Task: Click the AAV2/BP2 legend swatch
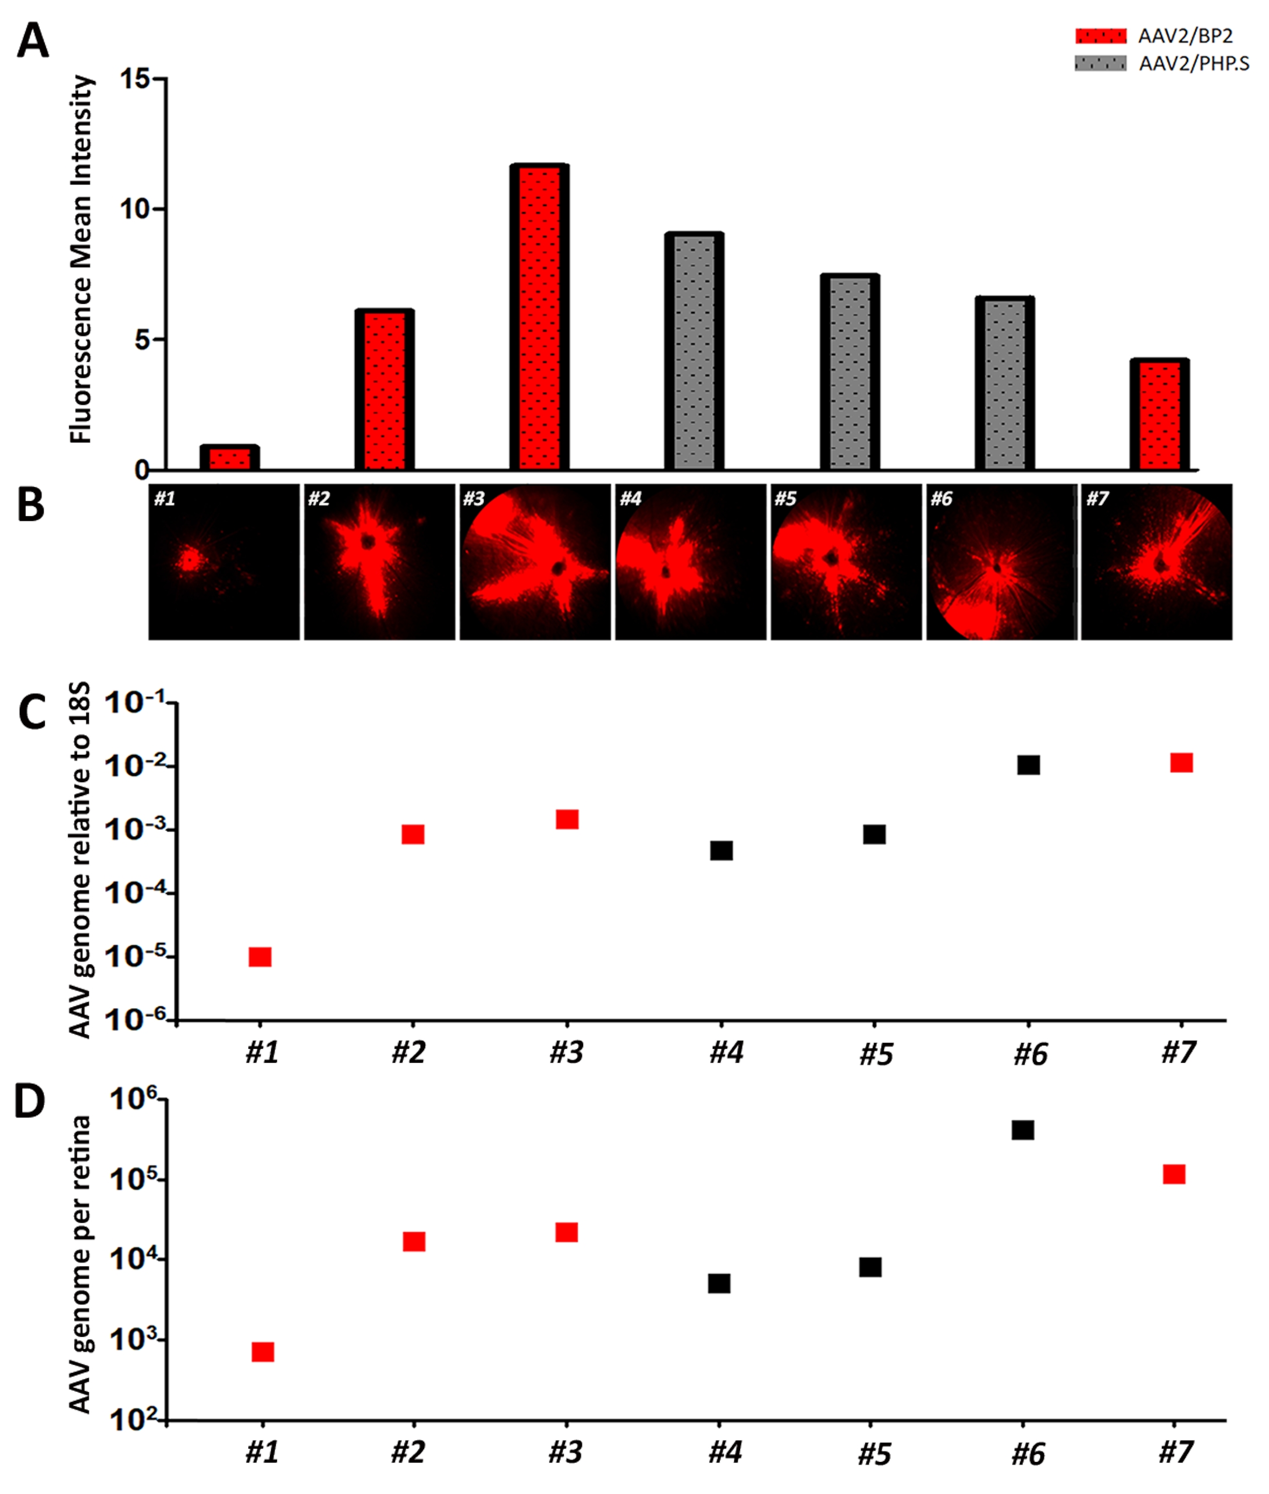click(1100, 36)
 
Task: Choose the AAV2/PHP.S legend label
click(1193, 64)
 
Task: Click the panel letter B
click(30, 506)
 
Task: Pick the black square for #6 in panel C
click(1028, 765)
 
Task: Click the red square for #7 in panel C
click(1181, 763)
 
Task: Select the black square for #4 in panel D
click(719, 1283)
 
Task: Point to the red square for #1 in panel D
click(262, 1351)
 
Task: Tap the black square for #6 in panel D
click(1022, 1130)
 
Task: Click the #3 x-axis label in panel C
click(566, 1053)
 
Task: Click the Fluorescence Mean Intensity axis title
click(82, 259)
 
